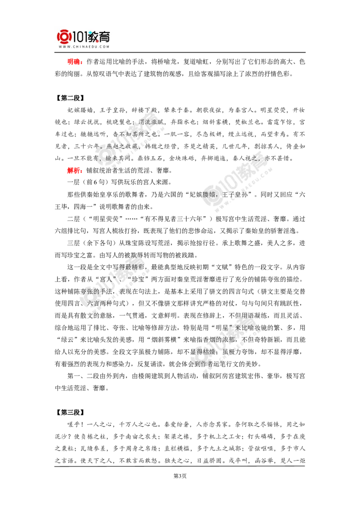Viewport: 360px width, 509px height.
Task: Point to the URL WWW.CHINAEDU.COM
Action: [x=84, y=46]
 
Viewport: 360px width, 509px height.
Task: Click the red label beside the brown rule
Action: [x=74, y=62]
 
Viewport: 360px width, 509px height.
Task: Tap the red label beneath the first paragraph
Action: [x=74, y=171]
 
